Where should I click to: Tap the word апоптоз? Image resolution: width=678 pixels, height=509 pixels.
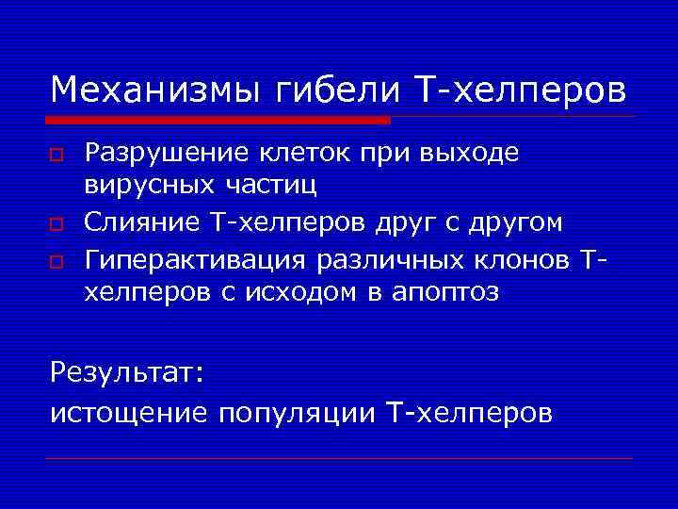(x=445, y=293)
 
